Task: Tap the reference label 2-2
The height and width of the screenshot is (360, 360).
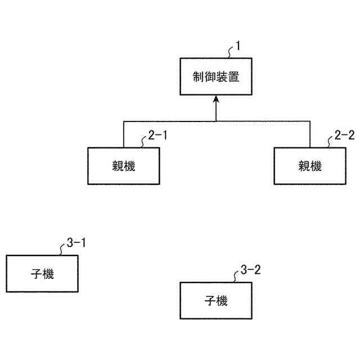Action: point(344,135)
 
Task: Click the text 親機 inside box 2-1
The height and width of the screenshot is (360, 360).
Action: point(124,166)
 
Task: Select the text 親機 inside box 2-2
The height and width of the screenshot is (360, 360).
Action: point(309,166)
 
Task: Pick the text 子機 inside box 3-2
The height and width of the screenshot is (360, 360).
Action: point(216,301)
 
